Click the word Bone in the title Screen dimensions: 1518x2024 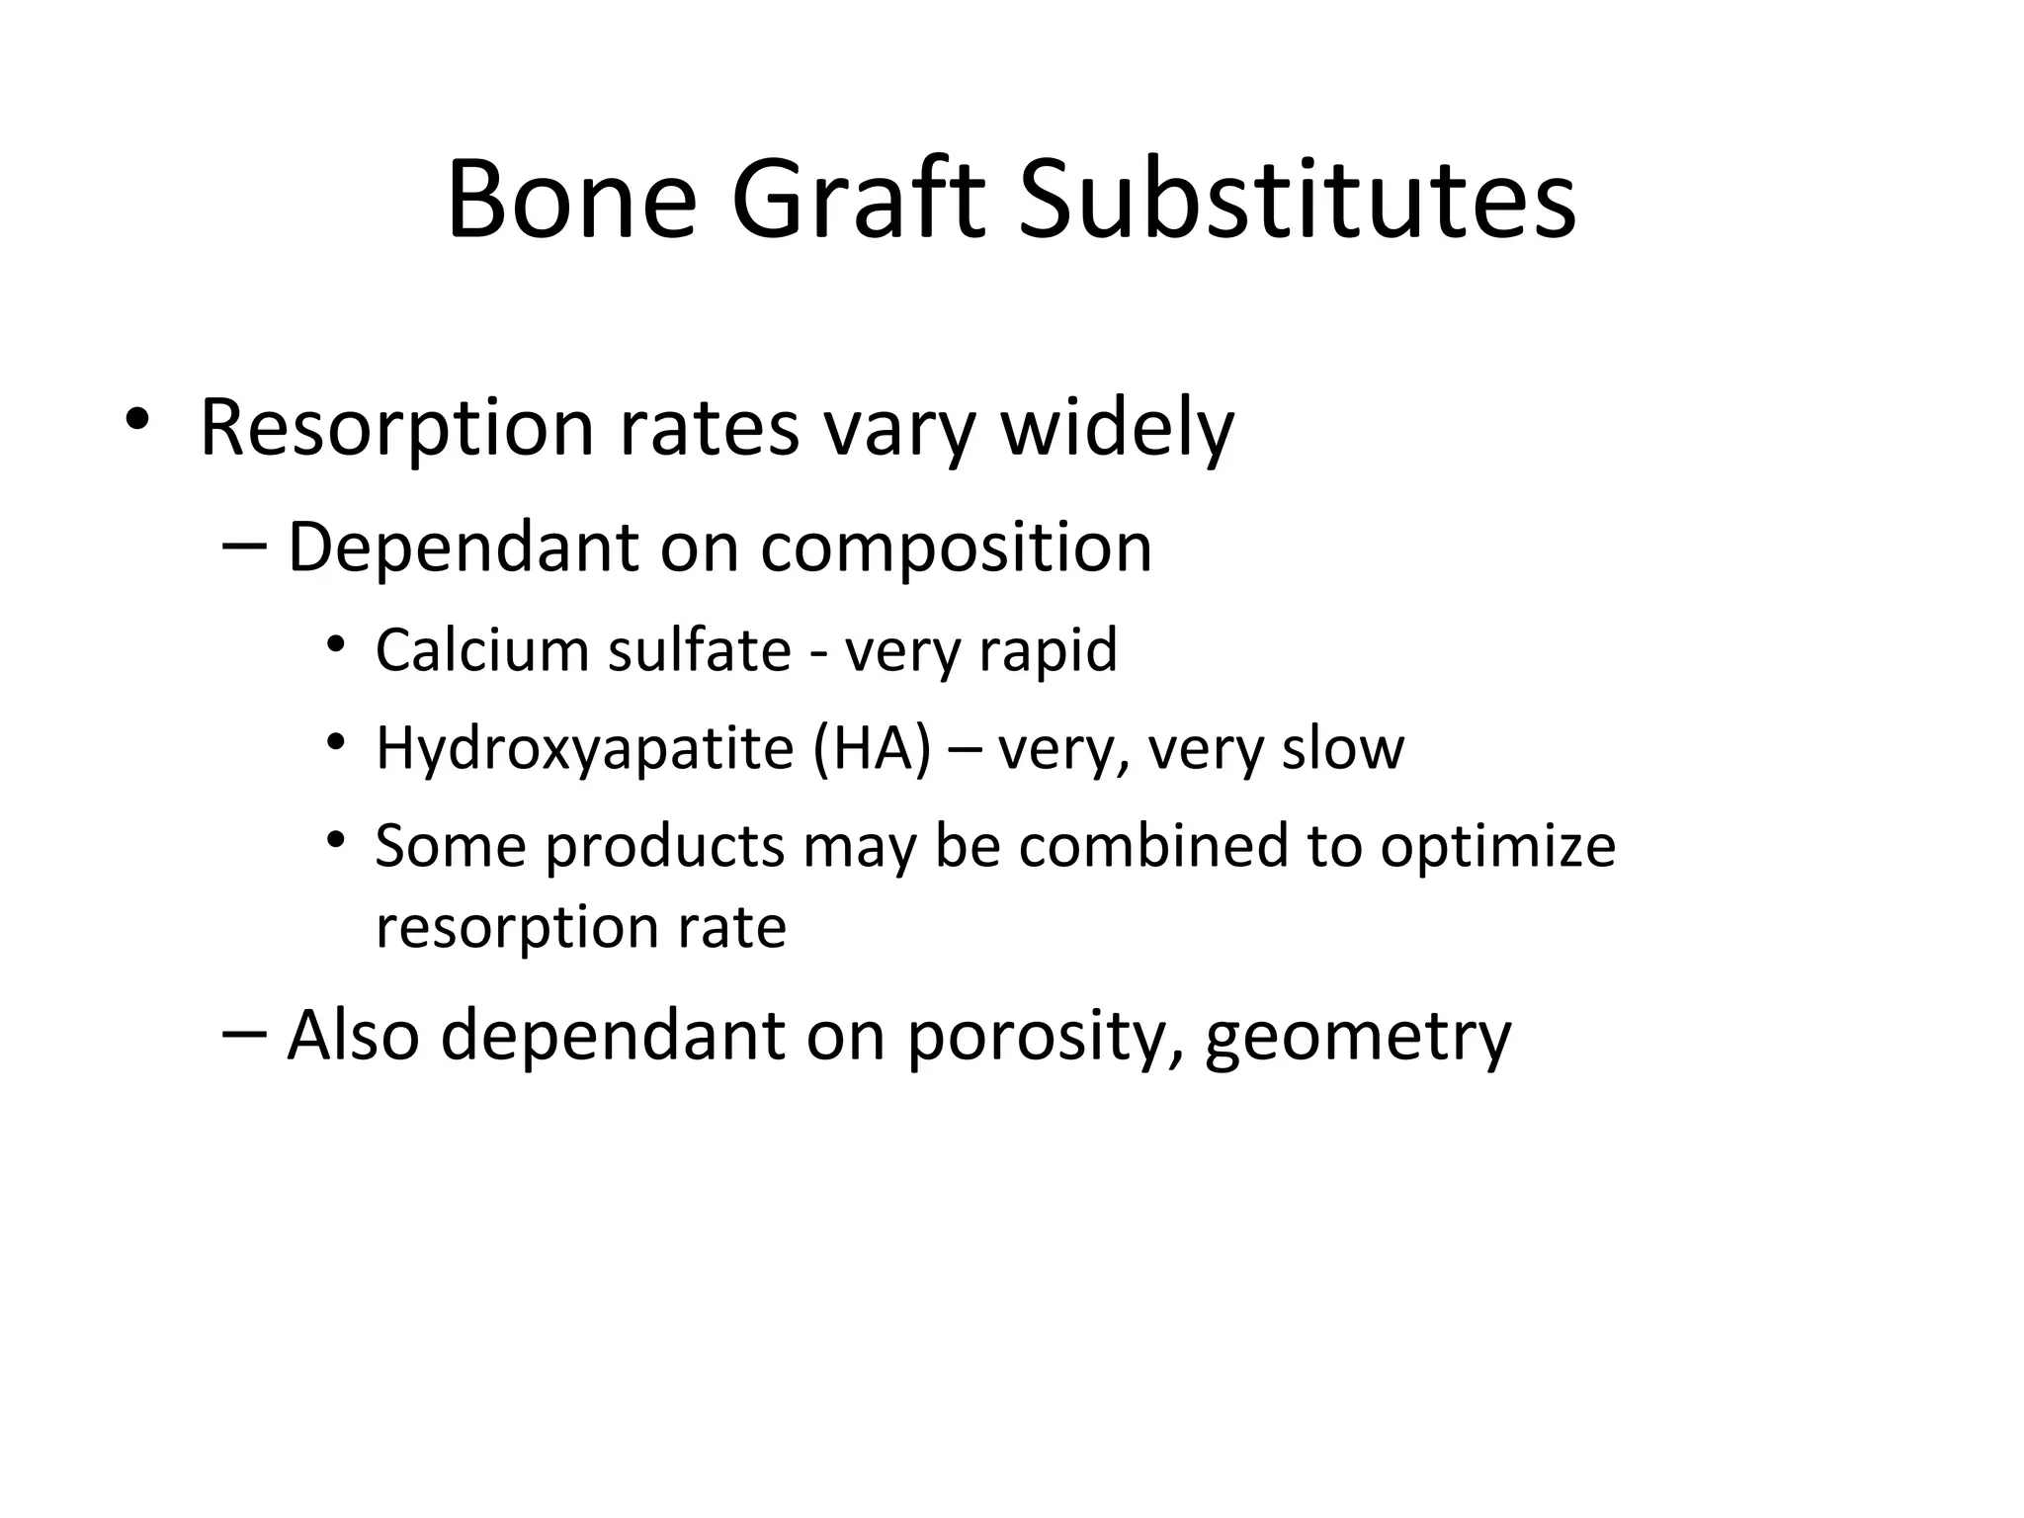point(572,201)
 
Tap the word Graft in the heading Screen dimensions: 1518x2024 point(858,201)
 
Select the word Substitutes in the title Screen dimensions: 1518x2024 point(1296,201)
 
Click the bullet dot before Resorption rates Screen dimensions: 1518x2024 point(137,419)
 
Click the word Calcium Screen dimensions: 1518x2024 point(482,650)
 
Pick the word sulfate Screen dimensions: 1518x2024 point(699,650)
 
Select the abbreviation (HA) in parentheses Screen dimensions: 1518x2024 point(872,749)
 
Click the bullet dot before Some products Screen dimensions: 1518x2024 point(336,840)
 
